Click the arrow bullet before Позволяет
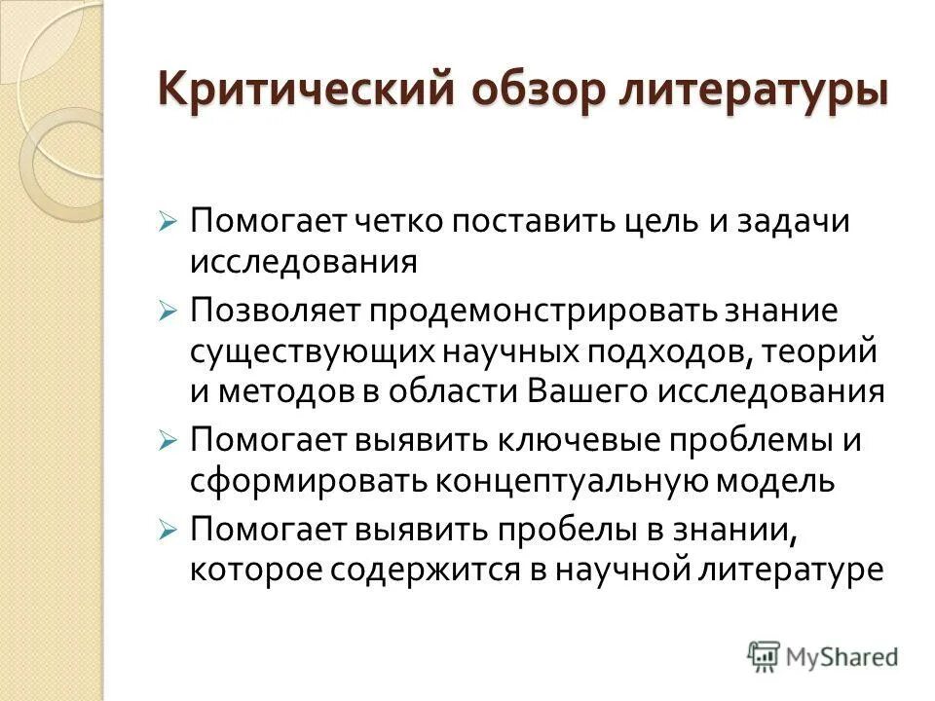click(x=168, y=313)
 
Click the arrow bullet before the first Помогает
click(x=168, y=221)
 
